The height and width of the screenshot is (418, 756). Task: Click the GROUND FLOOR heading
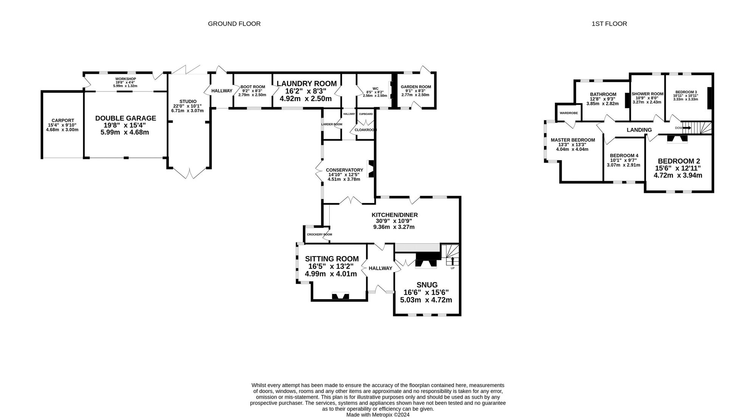234,24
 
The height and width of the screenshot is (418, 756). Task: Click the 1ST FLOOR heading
609,24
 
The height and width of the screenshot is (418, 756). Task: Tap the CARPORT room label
63,121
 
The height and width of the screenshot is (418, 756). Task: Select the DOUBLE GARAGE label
125,118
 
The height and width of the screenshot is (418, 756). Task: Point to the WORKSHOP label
125,79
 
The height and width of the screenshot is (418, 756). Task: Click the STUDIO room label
188,101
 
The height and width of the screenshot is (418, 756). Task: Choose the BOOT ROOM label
253,87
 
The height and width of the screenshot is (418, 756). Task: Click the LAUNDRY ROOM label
307,84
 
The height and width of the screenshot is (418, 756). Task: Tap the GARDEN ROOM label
416,87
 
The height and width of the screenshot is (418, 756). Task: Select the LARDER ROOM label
332,124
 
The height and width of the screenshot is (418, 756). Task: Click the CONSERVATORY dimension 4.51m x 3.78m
344,179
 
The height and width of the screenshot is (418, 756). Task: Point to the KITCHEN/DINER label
395,215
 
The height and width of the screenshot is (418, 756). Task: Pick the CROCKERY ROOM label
319,235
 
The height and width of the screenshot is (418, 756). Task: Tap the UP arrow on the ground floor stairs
452,261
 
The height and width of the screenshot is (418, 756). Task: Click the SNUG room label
427,285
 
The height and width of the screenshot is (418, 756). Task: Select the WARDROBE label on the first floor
569,113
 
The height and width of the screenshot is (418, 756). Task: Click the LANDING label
639,130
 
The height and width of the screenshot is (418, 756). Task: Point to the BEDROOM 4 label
624,155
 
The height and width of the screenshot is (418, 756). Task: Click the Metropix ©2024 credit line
378,415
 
